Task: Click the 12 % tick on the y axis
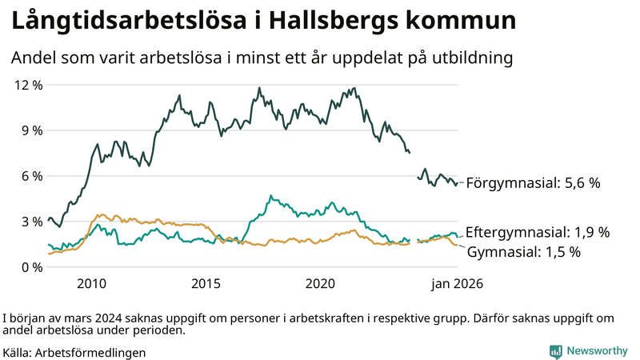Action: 28,85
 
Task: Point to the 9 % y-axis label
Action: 31,130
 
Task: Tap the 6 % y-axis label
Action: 31,176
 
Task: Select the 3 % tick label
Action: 31,222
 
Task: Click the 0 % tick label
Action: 31,267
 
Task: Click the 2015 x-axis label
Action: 206,284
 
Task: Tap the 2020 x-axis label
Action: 320,284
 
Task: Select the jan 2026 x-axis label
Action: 457,284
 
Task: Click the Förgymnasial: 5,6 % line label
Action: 533,183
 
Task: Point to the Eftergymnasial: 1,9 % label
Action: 537,233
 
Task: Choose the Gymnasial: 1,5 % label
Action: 523,252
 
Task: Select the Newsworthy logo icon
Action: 554,351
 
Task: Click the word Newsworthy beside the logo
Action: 598,351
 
